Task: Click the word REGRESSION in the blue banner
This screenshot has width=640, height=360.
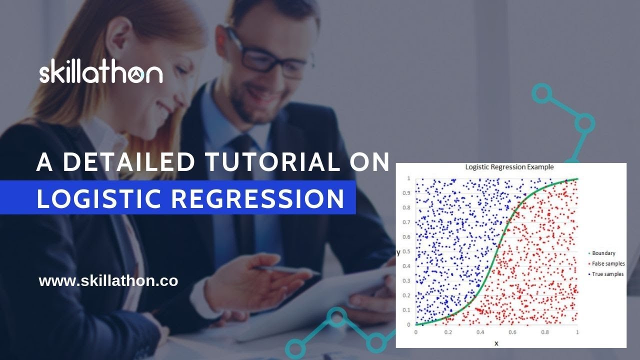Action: coord(258,198)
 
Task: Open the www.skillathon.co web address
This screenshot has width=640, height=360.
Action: coord(108,281)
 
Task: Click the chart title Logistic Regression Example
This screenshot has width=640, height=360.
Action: coord(509,167)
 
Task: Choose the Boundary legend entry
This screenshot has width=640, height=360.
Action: coord(603,253)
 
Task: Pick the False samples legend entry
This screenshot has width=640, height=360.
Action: coord(607,264)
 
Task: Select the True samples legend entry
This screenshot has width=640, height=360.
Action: coord(606,274)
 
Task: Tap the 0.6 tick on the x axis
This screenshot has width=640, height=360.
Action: coord(513,332)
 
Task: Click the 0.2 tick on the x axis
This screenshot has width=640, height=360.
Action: coord(448,332)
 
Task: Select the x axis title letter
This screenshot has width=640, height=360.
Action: coord(496,343)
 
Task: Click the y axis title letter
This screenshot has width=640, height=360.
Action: coord(398,252)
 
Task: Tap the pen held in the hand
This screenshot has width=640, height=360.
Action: coord(285,270)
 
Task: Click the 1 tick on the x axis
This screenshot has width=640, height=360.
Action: coord(577,332)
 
